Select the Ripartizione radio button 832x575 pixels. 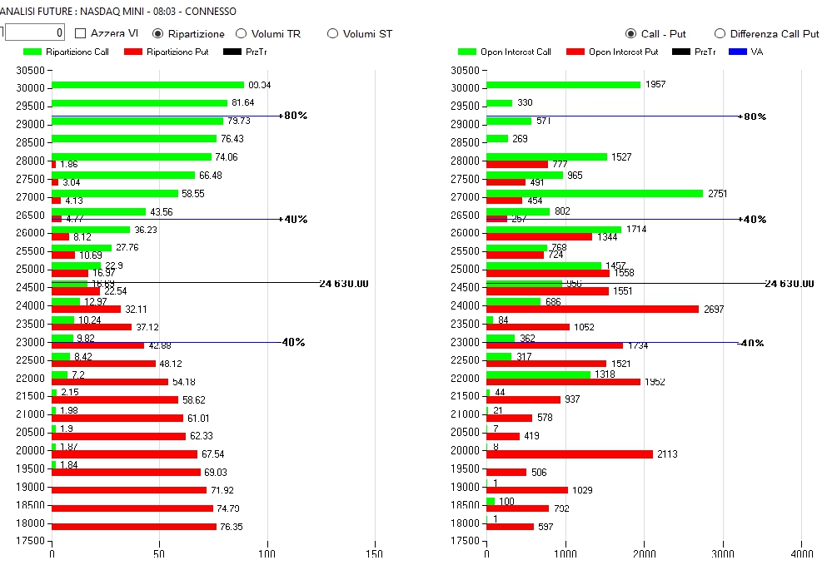click(158, 34)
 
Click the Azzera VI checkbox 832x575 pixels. click(81, 34)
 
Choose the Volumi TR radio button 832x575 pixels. click(242, 34)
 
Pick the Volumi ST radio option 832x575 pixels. click(333, 34)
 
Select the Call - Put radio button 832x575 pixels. click(631, 34)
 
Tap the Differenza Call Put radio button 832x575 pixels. click(720, 34)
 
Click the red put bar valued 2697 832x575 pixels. click(592, 309)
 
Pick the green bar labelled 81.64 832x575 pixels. click(139, 103)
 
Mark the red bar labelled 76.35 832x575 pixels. click(133, 527)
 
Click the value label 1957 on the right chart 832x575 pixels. click(655, 85)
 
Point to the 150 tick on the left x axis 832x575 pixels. click(375, 553)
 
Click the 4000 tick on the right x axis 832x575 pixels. click(801, 553)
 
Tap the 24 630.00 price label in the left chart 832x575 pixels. click(343, 284)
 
